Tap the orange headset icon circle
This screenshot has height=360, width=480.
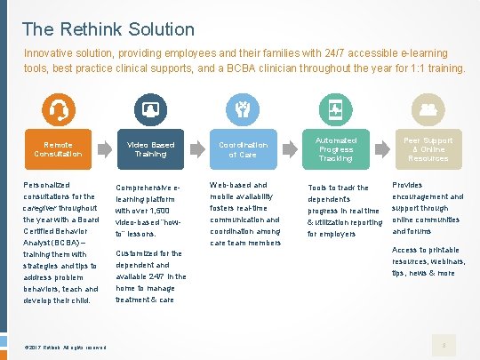tap(59, 110)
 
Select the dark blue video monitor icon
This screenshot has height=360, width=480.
tap(149, 110)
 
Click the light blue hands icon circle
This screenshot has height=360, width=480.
tap(242, 110)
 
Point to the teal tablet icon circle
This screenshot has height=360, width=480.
tap(335, 110)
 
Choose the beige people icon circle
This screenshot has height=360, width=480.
tap(428, 110)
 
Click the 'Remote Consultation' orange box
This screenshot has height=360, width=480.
tap(59, 149)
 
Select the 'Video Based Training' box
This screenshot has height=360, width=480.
tap(150, 149)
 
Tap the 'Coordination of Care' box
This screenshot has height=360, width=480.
tap(243, 149)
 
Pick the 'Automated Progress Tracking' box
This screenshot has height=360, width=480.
tap(336, 149)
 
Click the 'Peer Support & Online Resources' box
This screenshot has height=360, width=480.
tap(428, 149)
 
